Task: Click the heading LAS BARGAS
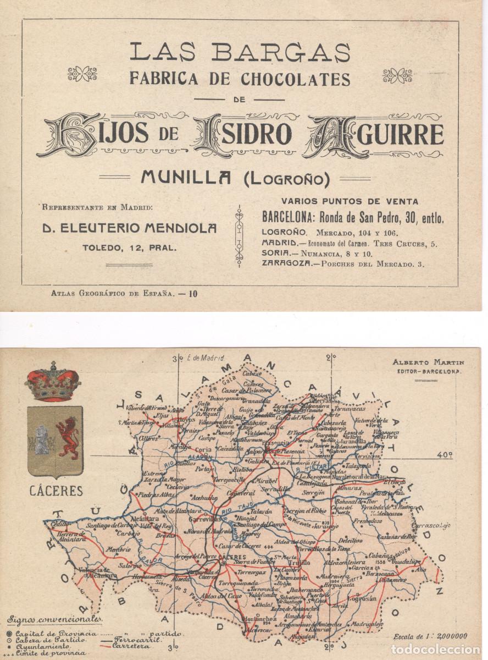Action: (240, 52)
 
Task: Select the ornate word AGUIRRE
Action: (375, 135)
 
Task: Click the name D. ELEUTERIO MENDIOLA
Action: (130, 228)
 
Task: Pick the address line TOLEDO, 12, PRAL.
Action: (130, 248)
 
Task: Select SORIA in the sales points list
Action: (275, 254)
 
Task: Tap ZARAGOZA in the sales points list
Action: (285, 264)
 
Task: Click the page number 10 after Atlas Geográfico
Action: (193, 293)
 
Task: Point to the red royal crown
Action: (53, 382)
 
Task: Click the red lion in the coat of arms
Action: (68, 437)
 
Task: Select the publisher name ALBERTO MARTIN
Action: (429, 362)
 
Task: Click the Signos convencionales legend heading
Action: (54, 620)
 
